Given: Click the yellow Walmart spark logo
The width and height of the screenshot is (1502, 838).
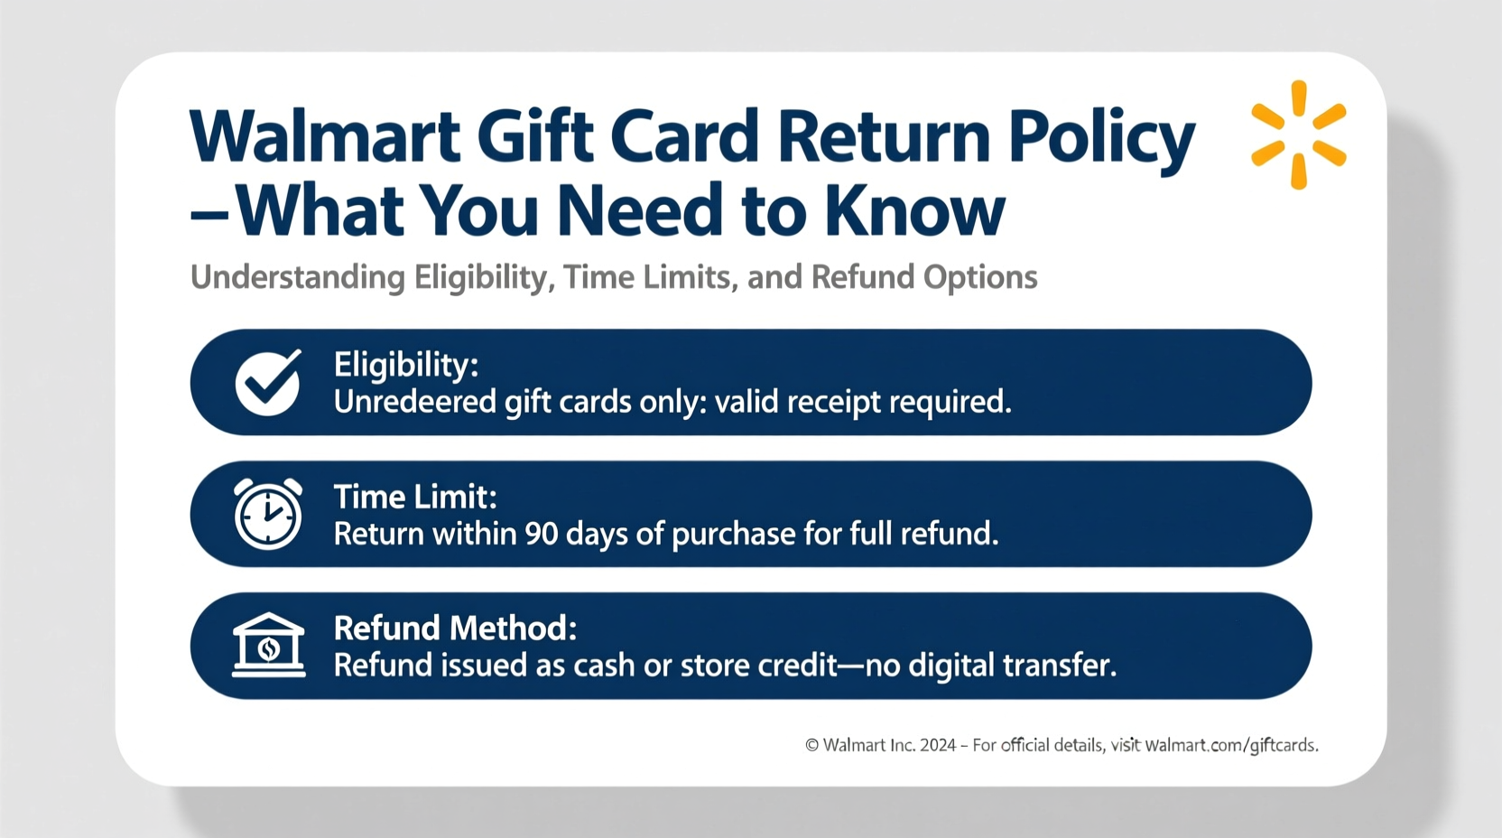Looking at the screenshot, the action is click(x=1299, y=135).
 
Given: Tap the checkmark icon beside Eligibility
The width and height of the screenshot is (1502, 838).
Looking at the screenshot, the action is click(x=268, y=383).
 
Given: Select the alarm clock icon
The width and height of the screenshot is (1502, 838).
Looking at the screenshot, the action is click(x=267, y=514).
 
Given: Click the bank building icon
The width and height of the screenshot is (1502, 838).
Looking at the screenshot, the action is click(x=269, y=645).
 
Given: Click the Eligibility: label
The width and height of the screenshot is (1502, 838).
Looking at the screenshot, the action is click(x=406, y=366).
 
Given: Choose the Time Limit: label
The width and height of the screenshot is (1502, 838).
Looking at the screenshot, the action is click(x=416, y=498).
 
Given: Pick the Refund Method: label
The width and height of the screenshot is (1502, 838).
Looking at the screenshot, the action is click(x=455, y=628).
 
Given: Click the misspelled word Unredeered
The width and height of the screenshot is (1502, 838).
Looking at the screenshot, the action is click(x=415, y=402).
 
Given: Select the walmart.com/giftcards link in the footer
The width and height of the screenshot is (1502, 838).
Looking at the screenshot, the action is click(x=1231, y=745).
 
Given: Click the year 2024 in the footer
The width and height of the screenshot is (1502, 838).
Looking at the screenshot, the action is click(x=938, y=745).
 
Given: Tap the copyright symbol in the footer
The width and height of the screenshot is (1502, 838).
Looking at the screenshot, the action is click(x=812, y=745).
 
